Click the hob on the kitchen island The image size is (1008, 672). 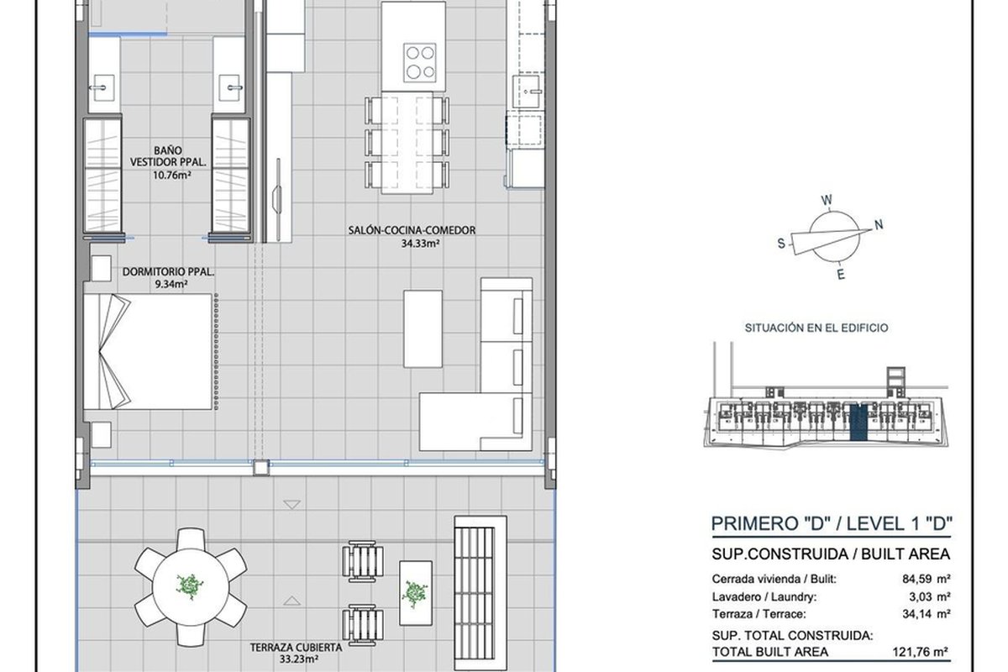pos(419,62)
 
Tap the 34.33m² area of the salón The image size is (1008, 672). pos(420,244)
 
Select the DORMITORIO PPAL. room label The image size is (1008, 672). pos(168,272)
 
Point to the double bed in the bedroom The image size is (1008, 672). pos(148,351)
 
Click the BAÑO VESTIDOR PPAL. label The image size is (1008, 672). pos(168,156)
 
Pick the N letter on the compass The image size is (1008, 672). pos(878,224)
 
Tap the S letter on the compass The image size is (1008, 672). pos(781,244)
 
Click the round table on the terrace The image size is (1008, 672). pos(191,587)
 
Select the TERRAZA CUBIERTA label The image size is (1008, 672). pos(296,648)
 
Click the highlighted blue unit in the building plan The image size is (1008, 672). pos(858,422)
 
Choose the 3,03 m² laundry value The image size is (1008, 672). pos(929,597)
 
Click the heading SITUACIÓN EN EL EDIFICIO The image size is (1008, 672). pos(816,328)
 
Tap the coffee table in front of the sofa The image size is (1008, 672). pos(423,328)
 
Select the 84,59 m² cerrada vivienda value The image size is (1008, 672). pos(926,579)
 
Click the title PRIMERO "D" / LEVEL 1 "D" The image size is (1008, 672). pos(831,523)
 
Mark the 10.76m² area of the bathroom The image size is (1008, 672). pos(172,175)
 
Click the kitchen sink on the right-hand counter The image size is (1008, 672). pos(527,92)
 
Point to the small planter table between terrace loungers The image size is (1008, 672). pos(415,593)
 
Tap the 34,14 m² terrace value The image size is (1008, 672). pos(926,614)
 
